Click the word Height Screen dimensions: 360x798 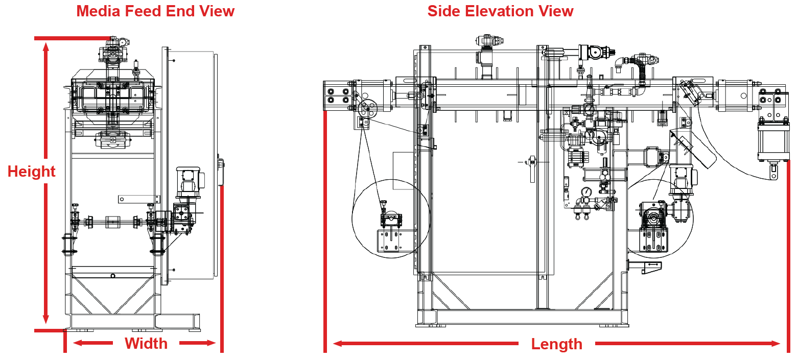click(x=32, y=172)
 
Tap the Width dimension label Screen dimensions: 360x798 click(x=146, y=344)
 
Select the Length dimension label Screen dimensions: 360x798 click(x=556, y=344)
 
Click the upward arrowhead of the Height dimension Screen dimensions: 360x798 click(x=46, y=47)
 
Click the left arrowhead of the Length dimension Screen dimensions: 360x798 click(x=337, y=344)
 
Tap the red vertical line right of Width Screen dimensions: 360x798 click(x=222, y=268)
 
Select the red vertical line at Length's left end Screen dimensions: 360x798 click(x=325, y=230)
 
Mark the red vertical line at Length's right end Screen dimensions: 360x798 click(x=789, y=255)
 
